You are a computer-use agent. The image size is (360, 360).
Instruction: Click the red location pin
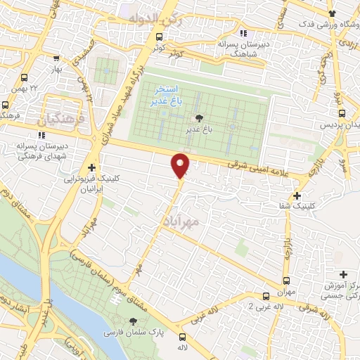pos(181,165)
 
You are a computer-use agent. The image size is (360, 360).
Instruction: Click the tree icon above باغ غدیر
pos(199,118)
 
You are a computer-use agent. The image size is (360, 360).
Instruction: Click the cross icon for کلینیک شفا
pos(298,195)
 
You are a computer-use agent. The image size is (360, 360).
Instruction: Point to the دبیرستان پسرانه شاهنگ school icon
pos(243,33)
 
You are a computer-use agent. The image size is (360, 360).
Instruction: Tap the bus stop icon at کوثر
pos(161,37)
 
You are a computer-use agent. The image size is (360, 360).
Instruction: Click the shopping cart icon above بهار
pos(57,60)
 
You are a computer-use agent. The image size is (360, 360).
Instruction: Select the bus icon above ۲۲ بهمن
pos(25,78)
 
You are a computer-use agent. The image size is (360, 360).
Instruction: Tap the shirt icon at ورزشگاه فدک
pos(332,13)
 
